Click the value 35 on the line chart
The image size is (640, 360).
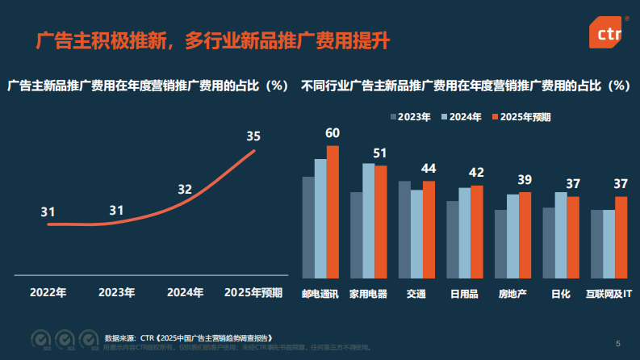tap(253, 136)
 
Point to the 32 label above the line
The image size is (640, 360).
tap(185, 190)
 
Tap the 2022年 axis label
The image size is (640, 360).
tap(48, 292)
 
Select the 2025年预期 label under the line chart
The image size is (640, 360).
tap(253, 292)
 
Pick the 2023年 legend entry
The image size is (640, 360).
tap(411, 117)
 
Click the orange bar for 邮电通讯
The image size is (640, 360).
tap(333, 211)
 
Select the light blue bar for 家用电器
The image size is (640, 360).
tap(368, 220)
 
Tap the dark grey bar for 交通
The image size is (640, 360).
tap(404, 229)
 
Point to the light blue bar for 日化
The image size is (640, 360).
tap(561, 235)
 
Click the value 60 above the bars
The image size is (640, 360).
tap(333, 133)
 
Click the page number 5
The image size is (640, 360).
tap(618, 343)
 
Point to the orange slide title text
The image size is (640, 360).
tap(207, 40)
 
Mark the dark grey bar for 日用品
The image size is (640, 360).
tap(453, 240)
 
